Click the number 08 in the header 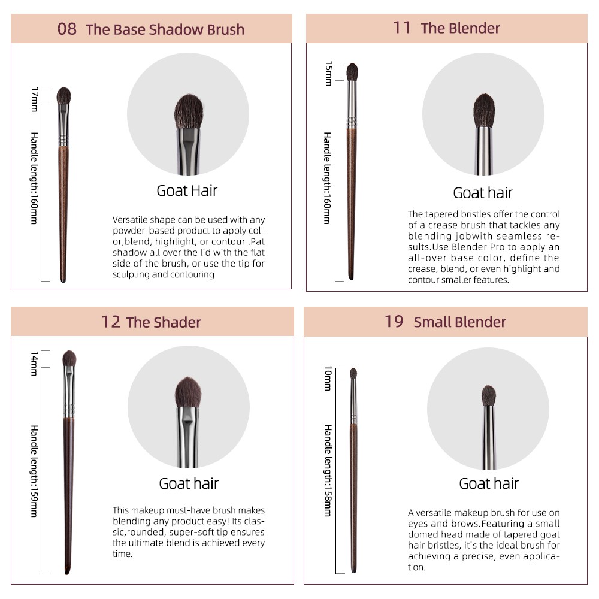tap(67, 29)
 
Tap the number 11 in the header tap(401, 28)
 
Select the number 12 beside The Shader tap(111, 322)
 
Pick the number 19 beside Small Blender tap(394, 321)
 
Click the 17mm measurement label tap(35, 99)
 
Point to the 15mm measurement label tap(328, 73)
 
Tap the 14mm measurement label tap(34, 364)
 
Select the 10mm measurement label tap(328, 378)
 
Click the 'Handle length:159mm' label tap(34, 471)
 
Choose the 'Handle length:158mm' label tap(328, 470)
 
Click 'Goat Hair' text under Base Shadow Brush tap(187, 190)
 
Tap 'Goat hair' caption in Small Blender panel tap(489, 483)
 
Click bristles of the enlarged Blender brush tap(484, 110)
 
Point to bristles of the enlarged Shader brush tap(188, 392)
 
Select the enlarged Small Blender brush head tap(489, 396)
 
